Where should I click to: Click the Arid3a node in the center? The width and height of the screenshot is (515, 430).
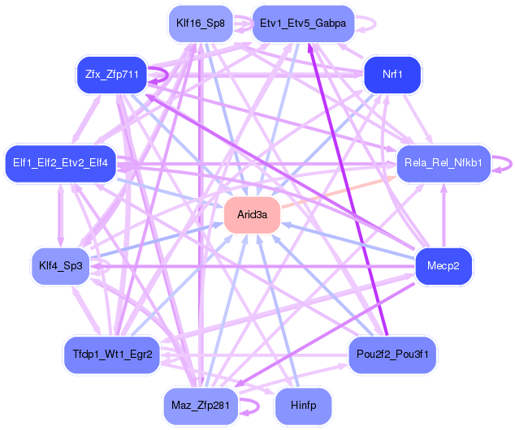coord(253,215)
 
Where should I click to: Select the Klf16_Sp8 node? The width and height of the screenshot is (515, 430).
coord(201,24)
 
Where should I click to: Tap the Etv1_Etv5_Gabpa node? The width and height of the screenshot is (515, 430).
coord(303,24)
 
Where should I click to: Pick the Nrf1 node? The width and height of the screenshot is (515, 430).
coord(392,75)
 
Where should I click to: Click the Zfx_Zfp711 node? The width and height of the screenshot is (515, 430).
coord(111,75)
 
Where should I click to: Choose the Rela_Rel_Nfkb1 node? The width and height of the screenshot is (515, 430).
coord(444,163)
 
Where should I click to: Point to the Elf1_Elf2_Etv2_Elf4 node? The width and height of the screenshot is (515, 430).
coord(60,163)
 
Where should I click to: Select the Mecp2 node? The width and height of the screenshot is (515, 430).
coord(444,266)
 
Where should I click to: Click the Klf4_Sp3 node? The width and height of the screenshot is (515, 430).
coord(60,266)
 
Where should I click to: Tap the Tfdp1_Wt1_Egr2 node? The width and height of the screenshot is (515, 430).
coord(112,355)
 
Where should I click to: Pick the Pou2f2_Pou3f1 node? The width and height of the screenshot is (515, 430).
coord(392,355)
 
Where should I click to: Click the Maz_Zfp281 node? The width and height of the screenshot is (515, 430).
coord(201,406)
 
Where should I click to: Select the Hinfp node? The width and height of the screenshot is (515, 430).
coord(303,406)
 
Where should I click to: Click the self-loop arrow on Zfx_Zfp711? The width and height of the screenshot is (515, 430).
coord(168,75)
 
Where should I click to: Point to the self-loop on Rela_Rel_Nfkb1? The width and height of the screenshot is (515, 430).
coord(512,163)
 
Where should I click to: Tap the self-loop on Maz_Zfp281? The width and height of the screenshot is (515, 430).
coord(259,406)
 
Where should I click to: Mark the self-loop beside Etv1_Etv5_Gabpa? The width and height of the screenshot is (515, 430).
coord(375,24)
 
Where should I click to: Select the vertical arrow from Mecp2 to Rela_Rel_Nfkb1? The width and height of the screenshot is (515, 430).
coord(444,216)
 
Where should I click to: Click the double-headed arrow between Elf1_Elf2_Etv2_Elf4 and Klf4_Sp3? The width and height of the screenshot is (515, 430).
coord(60,215)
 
